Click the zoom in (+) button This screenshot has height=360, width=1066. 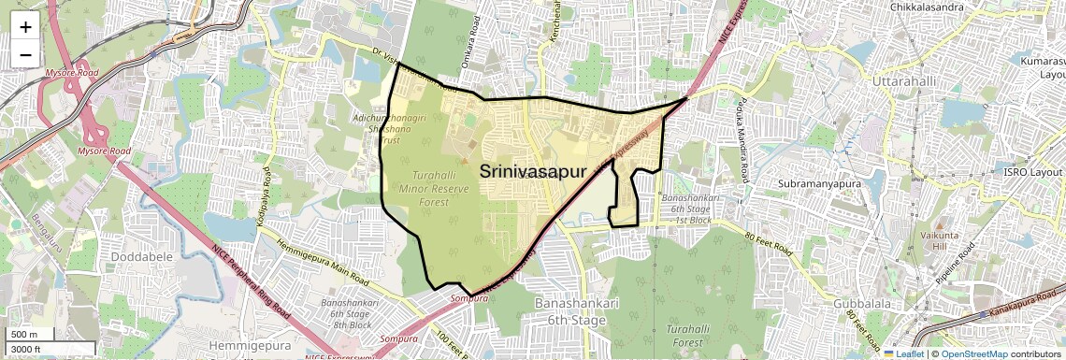[x=25, y=27]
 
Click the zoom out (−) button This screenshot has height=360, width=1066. [x=25, y=54]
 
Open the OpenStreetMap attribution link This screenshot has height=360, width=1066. [x=973, y=353]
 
